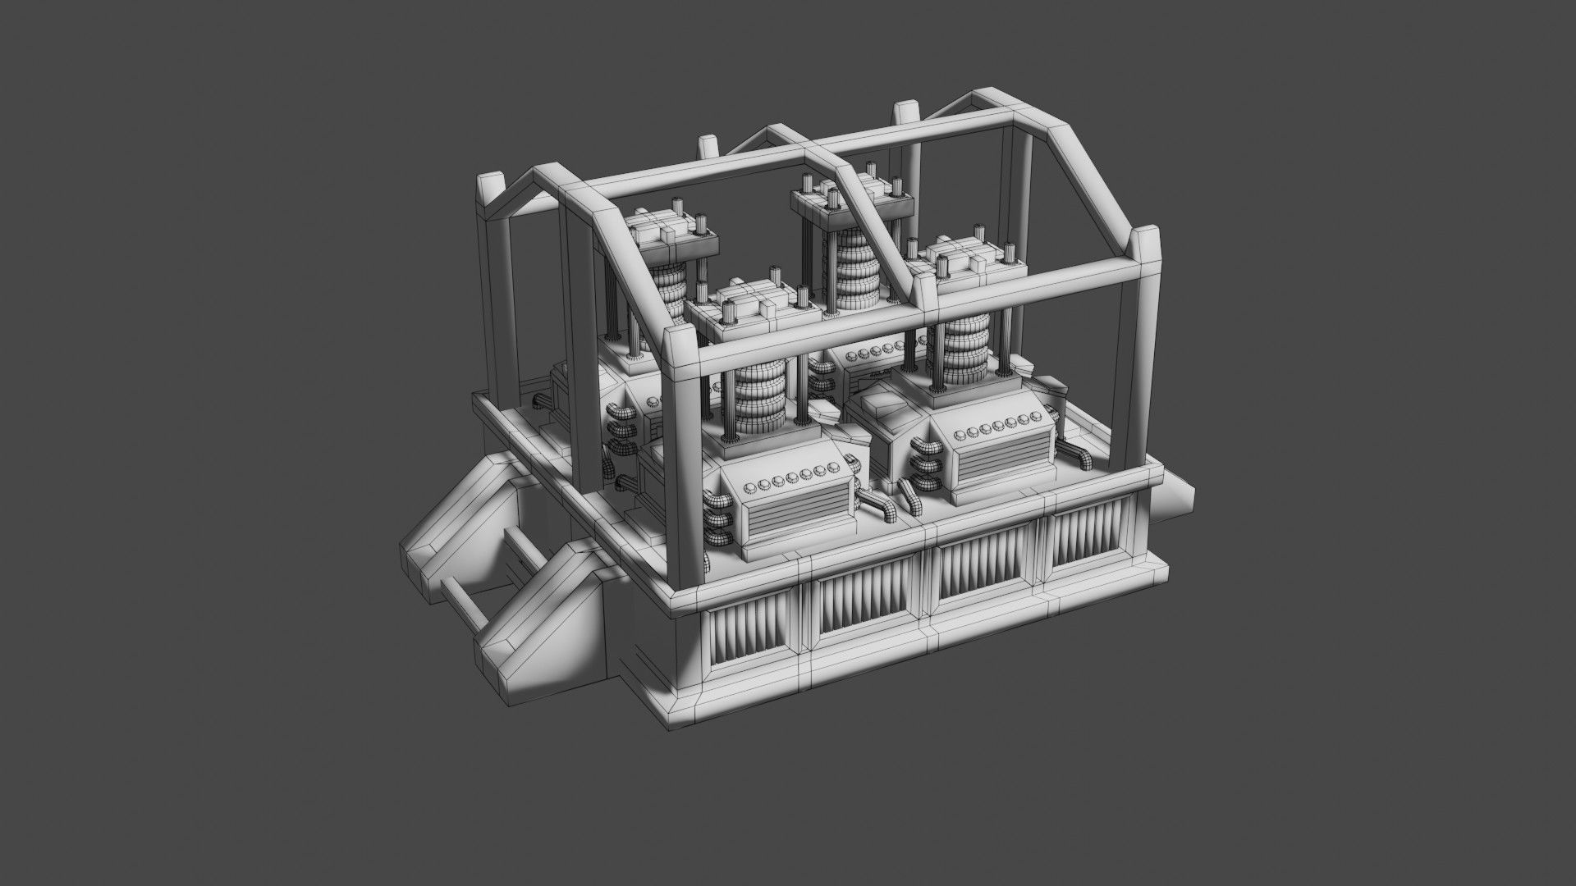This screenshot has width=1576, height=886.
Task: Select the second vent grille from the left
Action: click(864, 604)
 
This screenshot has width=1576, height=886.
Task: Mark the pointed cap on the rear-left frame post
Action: click(489, 190)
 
